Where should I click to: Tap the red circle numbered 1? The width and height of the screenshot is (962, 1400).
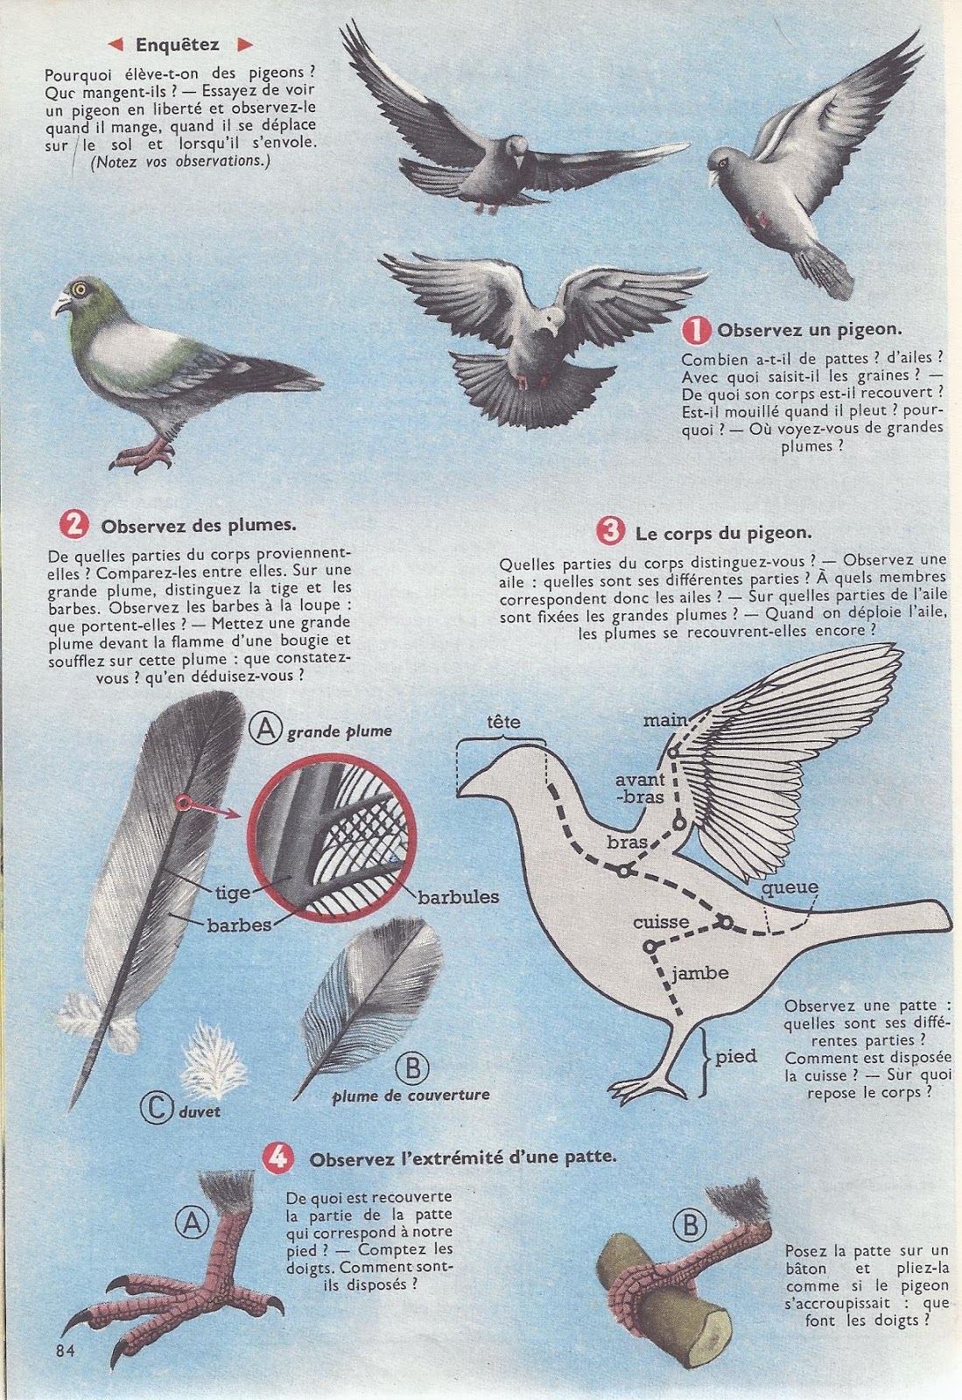point(697,329)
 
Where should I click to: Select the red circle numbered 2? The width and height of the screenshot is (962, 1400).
point(74,524)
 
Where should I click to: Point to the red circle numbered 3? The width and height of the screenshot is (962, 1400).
point(611,531)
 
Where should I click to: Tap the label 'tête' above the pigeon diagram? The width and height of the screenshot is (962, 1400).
point(503,721)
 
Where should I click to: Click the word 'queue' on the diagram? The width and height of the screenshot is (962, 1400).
point(790,888)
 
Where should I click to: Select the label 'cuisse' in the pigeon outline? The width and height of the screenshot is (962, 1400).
point(662,922)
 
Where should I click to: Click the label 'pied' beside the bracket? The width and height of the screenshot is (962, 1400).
point(735,1057)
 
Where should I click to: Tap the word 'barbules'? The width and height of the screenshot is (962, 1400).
point(458,898)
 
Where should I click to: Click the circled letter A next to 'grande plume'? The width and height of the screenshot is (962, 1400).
point(265,730)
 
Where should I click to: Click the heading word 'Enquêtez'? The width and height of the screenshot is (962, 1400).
point(178,45)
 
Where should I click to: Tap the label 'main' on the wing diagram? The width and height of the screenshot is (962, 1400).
point(665,720)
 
